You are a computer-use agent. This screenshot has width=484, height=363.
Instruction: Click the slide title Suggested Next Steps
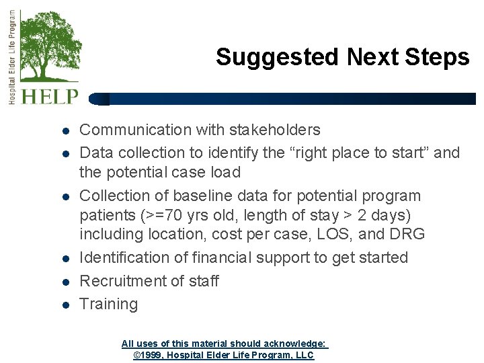tap(342, 57)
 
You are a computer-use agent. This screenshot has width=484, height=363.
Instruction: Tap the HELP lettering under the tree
tap(50, 96)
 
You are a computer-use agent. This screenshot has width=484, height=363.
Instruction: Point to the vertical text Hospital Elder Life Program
tap(11, 57)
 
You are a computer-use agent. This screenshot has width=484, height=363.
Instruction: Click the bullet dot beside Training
tap(66, 305)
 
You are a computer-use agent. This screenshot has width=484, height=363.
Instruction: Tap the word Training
tap(108, 304)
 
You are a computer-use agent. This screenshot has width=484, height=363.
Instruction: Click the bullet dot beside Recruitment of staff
tap(66, 282)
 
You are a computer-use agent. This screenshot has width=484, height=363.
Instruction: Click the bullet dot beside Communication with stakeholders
tap(66, 130)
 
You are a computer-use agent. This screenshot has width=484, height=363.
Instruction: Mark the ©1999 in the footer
tap(148, 355)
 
